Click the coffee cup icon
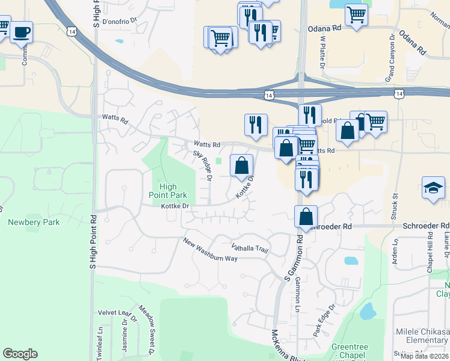point(22,32)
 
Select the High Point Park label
point(168,191)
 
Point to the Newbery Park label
point(34,222)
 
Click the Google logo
point(20,353)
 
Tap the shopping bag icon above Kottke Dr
point(241,165)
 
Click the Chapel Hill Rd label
point(430,254)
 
